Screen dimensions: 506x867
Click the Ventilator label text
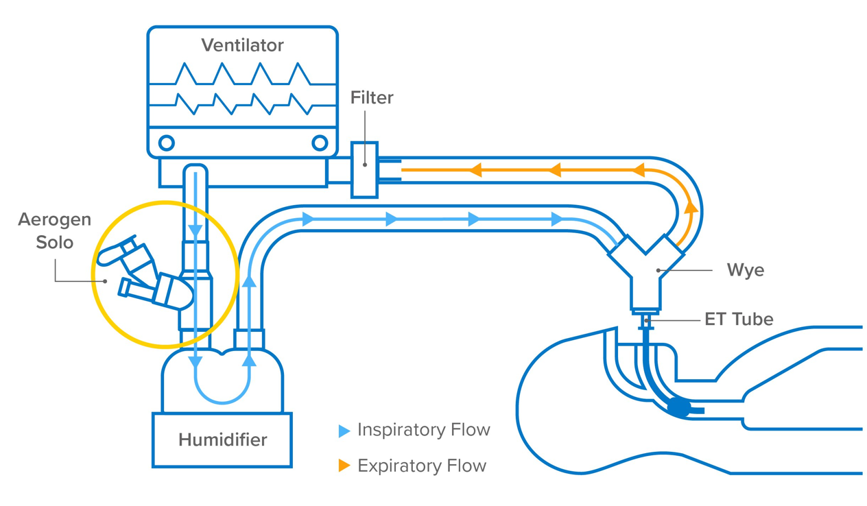(x=242, y=45)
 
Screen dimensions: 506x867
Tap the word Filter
(x=372, y=98)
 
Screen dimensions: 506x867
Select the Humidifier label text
(x=222, y=439)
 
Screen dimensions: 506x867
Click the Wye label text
(x=745, y=270)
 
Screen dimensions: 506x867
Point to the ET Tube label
(x=739, y=319)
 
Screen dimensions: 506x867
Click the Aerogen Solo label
(x=54, y=231)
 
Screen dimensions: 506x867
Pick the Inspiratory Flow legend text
(x=423, y=430)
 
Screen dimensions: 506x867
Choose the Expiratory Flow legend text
(x=421, y=466)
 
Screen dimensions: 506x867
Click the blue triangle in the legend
(x=344, y=431)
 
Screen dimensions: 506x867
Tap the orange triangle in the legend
(x=344, y=466)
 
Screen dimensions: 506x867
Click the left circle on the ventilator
(x=167, y=143)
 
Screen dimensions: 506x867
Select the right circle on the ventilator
(x=320, y=143)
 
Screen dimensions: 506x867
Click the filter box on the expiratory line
(x=364, y=170)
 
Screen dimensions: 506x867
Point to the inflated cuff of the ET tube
(x=678, y=407)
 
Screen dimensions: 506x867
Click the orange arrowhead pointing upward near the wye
(x=691, y=207)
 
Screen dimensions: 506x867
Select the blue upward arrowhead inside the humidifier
(x=250, y=359)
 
